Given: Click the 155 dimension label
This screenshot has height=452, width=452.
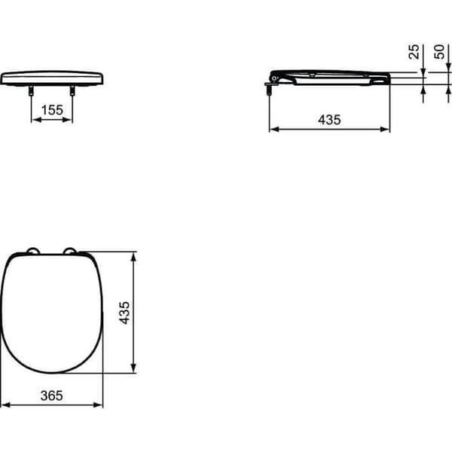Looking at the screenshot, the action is point(52,110).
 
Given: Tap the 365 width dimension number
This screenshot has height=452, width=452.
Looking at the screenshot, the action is point(51,395).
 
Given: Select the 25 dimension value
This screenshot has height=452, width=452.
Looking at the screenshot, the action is point(414,52).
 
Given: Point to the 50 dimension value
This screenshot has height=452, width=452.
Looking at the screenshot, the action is point(439,52).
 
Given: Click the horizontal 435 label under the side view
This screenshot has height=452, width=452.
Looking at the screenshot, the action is point(329,120).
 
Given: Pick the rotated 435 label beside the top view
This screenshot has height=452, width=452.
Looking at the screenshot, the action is point(124,313).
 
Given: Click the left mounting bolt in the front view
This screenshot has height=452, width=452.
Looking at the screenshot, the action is point(31,90).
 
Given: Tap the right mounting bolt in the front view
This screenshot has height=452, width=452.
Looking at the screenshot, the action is point(72,90).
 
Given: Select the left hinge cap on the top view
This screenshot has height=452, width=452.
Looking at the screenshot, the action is point(33,251).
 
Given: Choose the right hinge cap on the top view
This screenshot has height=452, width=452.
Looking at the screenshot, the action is point(70,251).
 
